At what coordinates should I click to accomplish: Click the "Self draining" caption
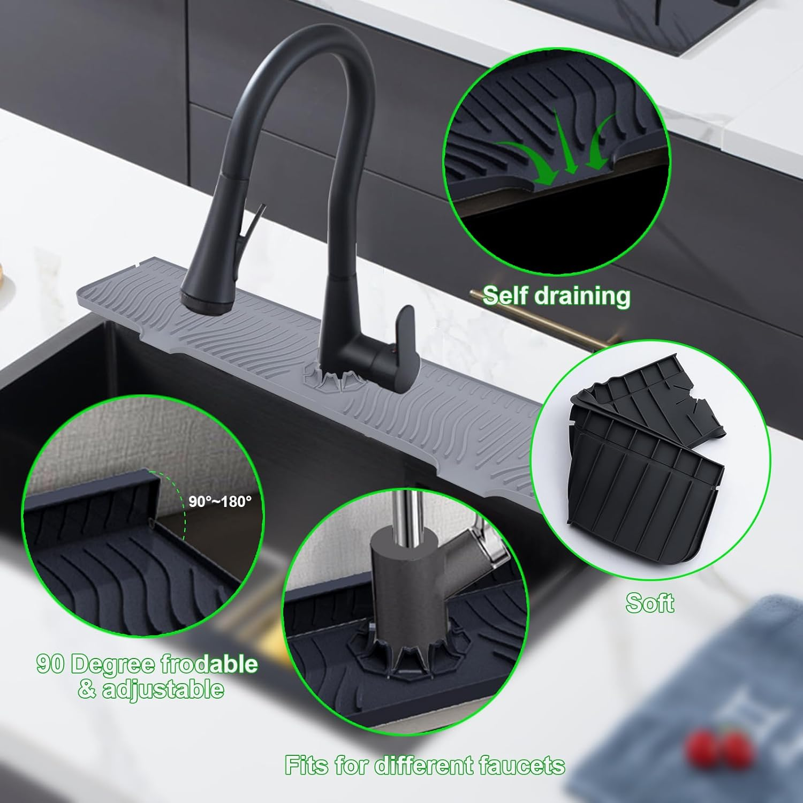click(556, 296)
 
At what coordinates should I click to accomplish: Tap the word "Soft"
click(649, 603)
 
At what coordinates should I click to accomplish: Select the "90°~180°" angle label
click(220, 502)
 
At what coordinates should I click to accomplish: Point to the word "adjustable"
click(163, 689)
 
